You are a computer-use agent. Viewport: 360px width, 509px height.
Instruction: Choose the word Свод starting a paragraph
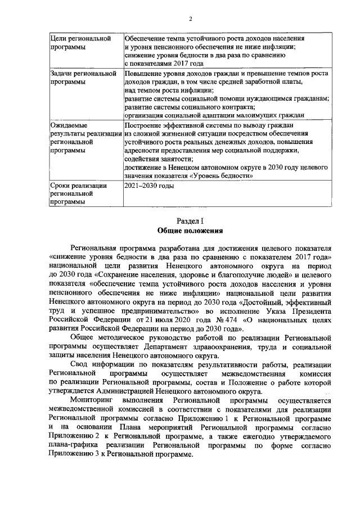pyautogui.click(x=80, y=364)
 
